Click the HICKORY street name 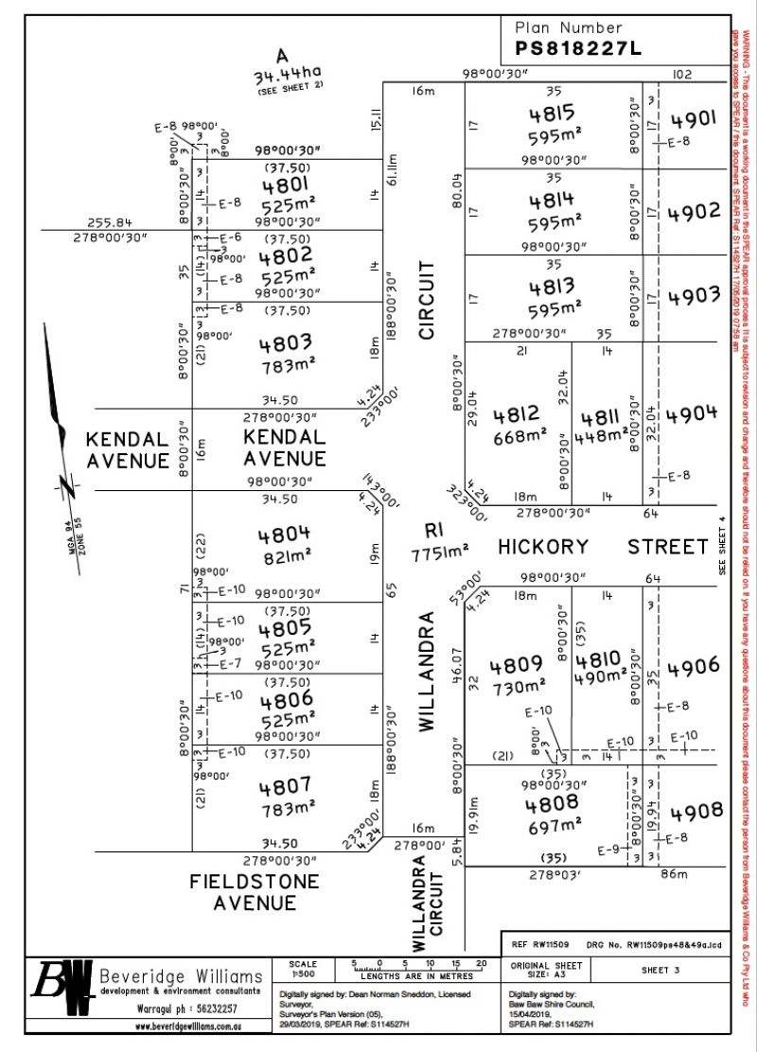[x=543, y=547]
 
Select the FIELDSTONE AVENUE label [x=255, y=882]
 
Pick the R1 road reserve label [x=434, y=533]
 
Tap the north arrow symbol [x=58, y=416]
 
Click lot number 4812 [x=517, y=413]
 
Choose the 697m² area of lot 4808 [x=555, y=827]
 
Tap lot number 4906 [x=694, y=668]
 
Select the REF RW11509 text [x=539, y=944]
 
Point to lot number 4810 [x=599, y=659]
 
